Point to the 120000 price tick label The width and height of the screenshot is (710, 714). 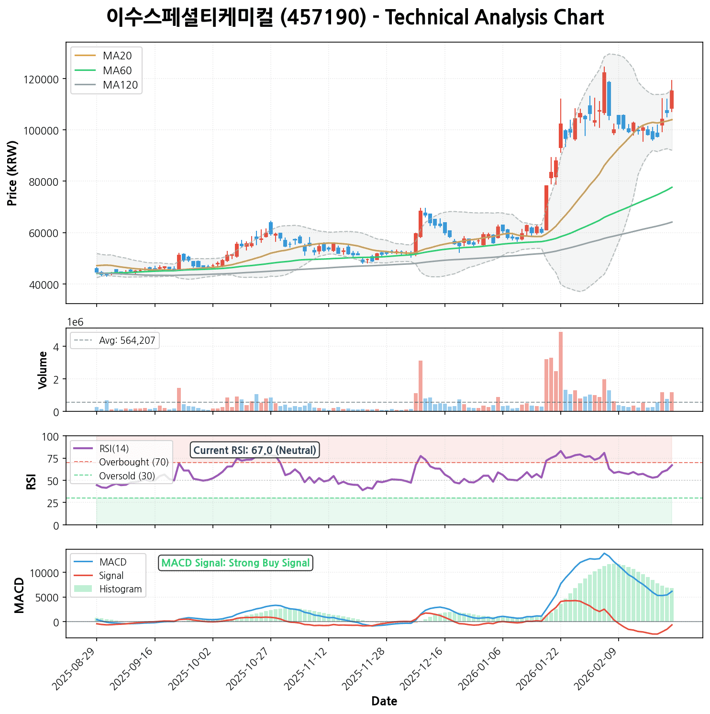pyautogui.click(x=44, y=79)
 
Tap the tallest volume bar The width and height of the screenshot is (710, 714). pyautogui.click(x=561, y=371)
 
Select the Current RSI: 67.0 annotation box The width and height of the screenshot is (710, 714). pyautogui.click(x=255, y=450)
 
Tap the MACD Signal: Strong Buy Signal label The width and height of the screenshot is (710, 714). pyautogui.click(x=235, y=563)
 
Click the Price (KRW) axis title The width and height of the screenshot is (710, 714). pyautogui.click(x=13, y=173)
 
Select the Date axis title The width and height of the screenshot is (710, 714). pyautogui.click(x=384, y=702)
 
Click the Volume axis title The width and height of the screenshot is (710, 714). pyautogui.click(x=43, y=370)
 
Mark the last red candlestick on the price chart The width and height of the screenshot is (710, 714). pyautogui.click(x=672, y=99)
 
